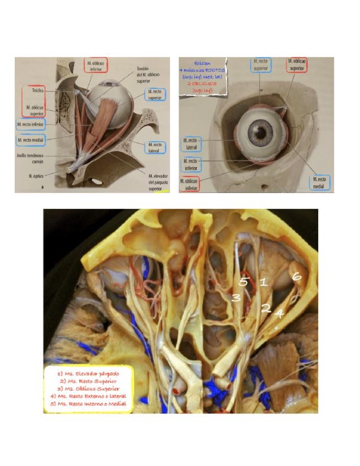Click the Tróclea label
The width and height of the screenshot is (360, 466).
click(x=37, y=90)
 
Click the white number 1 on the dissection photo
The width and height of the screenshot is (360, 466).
click(x=263, y=282)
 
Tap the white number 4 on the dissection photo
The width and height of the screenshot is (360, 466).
click(x=279, y=314)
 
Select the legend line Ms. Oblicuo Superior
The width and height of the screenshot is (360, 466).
click(x=88, y=388)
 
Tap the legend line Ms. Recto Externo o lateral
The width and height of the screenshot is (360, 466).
click(x=88, y=396)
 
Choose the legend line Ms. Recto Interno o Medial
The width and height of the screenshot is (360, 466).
click(x=88, y=403)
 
